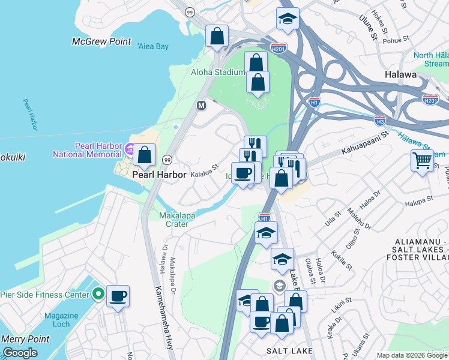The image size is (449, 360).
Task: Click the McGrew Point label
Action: point(101,41)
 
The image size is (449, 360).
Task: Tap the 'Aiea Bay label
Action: point(153,46)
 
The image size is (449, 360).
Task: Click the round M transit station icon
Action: point(202,105)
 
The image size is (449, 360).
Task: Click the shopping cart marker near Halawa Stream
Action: point(422,161)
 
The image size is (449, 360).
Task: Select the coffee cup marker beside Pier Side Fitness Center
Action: point(118,296)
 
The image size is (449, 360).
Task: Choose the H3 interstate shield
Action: point(379,120)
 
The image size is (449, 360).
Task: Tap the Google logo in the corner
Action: point(20,353)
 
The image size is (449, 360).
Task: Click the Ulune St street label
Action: point(367,28)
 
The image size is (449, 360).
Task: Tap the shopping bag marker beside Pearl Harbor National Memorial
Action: point(145,155)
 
